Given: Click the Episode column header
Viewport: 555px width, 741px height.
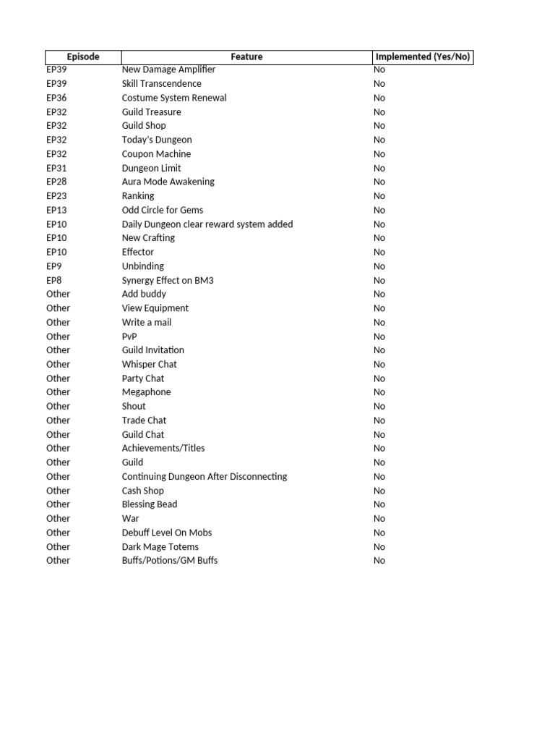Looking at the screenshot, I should [83, 56].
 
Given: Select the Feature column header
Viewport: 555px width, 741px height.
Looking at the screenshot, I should [246, 56].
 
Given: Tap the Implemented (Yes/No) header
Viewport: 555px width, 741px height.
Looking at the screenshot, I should [423, 56].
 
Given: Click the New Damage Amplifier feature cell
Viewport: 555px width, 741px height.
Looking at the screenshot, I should [168, 69].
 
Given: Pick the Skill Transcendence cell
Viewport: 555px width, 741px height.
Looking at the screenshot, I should [162, 84].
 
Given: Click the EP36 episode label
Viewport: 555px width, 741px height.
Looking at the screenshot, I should [56, 98].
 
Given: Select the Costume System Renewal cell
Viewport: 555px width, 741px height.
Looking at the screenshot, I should [174, 98].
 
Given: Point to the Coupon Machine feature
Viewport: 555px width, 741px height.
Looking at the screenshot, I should [156, 154].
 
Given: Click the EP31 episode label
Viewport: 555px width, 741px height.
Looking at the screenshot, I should [56, 168].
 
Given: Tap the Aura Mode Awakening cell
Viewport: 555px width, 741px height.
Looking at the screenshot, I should [168, 182].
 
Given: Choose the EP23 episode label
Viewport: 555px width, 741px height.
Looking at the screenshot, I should [56, 196].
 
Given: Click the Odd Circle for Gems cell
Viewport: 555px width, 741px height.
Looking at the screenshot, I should [163, 210].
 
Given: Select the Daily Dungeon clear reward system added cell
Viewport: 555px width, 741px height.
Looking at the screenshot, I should [207, 224].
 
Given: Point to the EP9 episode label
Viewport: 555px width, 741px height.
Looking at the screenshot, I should [54, 266].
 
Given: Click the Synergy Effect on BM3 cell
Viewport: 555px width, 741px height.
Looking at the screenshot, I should [168, 280].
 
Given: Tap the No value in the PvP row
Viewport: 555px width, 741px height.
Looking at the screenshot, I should [379, 336].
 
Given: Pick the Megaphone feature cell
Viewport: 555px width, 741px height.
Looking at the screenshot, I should [147, 392].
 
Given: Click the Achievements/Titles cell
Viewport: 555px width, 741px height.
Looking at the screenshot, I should [163, 448].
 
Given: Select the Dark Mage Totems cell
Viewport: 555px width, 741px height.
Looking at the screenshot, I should [160, 546].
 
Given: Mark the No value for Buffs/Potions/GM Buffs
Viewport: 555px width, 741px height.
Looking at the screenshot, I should [379, 561].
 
